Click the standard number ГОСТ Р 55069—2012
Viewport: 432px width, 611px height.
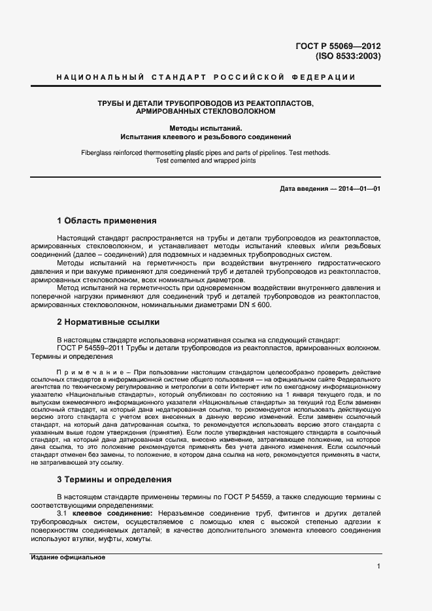pos(338,46)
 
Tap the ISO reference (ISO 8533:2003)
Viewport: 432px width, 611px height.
pos(348,57)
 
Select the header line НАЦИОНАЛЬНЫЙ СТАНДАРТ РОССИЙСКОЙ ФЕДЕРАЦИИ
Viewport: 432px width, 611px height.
pos(207,78)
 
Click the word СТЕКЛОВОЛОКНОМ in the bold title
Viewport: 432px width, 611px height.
pos(239,112)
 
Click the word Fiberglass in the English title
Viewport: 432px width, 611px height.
pos(97,153)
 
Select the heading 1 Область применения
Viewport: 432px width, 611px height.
pos(107,221)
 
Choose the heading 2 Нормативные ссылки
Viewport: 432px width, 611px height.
pos(108,322)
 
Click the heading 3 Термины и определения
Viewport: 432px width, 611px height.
pos(114,479)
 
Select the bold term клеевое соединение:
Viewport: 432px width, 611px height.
pos(112,513)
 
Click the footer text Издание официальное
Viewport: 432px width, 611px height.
pos(68,557)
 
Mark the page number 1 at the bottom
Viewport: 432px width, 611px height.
pos(378,566)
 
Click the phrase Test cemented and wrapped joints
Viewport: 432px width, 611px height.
pos(205,161)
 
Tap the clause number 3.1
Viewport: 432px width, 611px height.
pos(63,513)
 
